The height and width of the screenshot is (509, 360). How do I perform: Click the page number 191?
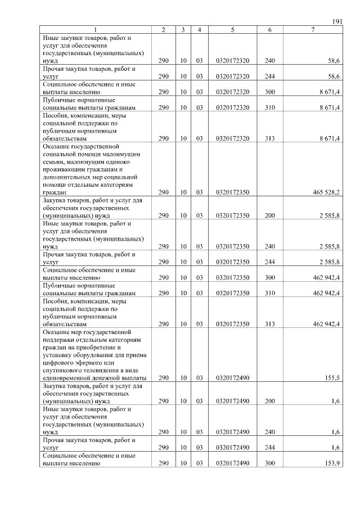[337, 21]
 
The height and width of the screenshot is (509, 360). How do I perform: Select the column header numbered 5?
[232, 29]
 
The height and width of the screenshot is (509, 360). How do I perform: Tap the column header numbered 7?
[313, 29]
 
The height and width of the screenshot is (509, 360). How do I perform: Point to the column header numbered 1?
[95, 29]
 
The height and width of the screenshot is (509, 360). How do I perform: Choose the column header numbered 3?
[183, 29]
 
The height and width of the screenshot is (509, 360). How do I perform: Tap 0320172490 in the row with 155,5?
[232, 378]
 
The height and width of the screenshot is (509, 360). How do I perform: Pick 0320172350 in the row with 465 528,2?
[232, 192]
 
